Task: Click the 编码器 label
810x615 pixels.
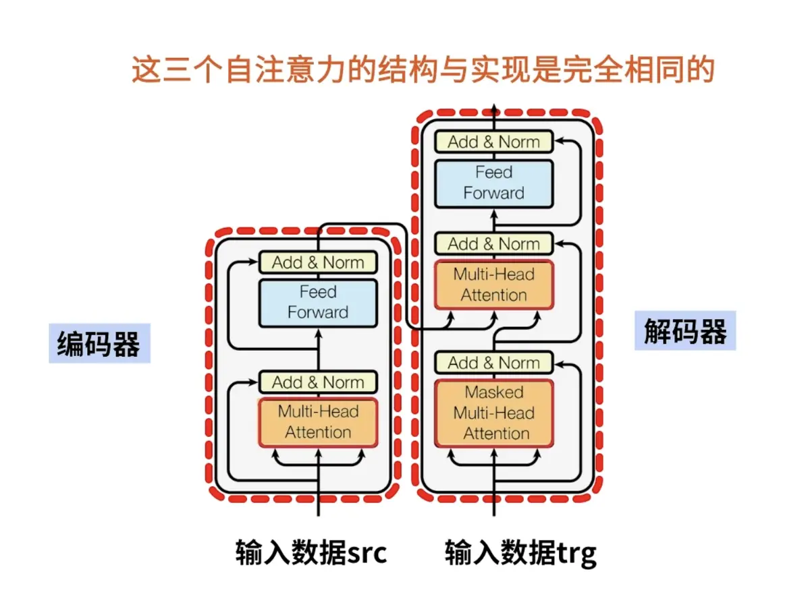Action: click(x=99, y=344)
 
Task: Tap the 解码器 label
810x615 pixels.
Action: click(x=685, y=331)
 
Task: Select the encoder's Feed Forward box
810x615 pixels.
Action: click(x=318, y=303)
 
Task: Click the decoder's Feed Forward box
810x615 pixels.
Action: click(x=493, y=183)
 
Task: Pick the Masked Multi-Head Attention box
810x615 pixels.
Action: click(x=493, y=413)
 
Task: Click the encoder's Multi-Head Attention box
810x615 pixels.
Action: click(x=318, y=422)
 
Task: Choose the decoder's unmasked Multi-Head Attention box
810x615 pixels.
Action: click(x=493, y=285)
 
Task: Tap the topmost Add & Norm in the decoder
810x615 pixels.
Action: click(x=493, y=142)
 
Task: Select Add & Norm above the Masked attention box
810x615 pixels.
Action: click(x=493, y=363)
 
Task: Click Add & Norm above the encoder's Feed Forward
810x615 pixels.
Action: click(x=318, y=262)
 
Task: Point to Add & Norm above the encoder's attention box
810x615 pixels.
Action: click(x=318, y=382)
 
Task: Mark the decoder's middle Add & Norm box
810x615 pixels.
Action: click(x=493, y=243)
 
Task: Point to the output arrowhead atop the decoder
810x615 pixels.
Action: click(x=493, y=108)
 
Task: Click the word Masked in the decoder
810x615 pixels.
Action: click(x=493, y=392)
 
